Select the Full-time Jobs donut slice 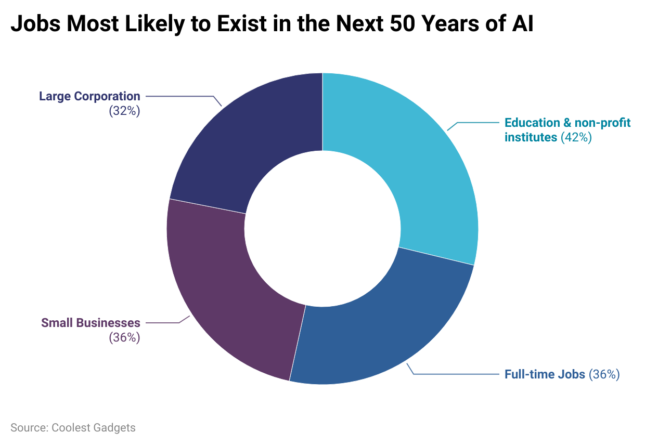coord(380,333)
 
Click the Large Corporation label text coord(89,96)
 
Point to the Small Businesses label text coord(91,323)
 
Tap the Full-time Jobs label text coord(545,374)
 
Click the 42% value coord(576,138)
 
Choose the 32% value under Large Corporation coord(124,111)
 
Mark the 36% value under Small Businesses coord(124,337)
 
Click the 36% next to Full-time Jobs coord(603,374)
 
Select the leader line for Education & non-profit coord(479,123)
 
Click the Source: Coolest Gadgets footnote coord(73,428)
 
